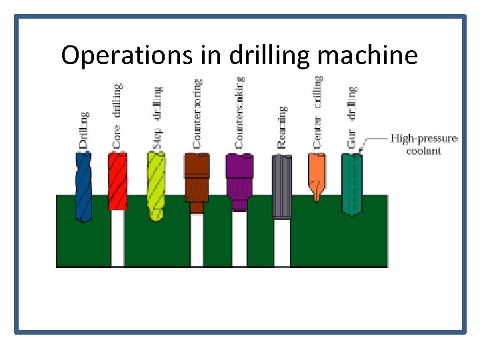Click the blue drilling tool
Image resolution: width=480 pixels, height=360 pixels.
coord(84,187)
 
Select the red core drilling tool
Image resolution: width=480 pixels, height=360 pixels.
coord(117,180)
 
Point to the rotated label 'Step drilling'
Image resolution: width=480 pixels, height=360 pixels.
coord(157,117)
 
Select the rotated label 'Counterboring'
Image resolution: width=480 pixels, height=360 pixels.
coord(197,113)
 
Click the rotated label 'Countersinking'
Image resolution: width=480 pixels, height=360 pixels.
coord(239,112)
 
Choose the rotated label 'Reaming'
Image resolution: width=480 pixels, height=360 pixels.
coord(282,127)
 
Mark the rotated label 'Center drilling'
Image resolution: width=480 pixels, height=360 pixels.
coord(318,111)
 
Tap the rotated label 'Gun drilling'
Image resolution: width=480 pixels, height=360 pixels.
coord(352,117)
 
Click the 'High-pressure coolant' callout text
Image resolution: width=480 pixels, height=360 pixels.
coord(424,145)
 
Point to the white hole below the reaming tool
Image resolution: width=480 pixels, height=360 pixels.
coord(282,243)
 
